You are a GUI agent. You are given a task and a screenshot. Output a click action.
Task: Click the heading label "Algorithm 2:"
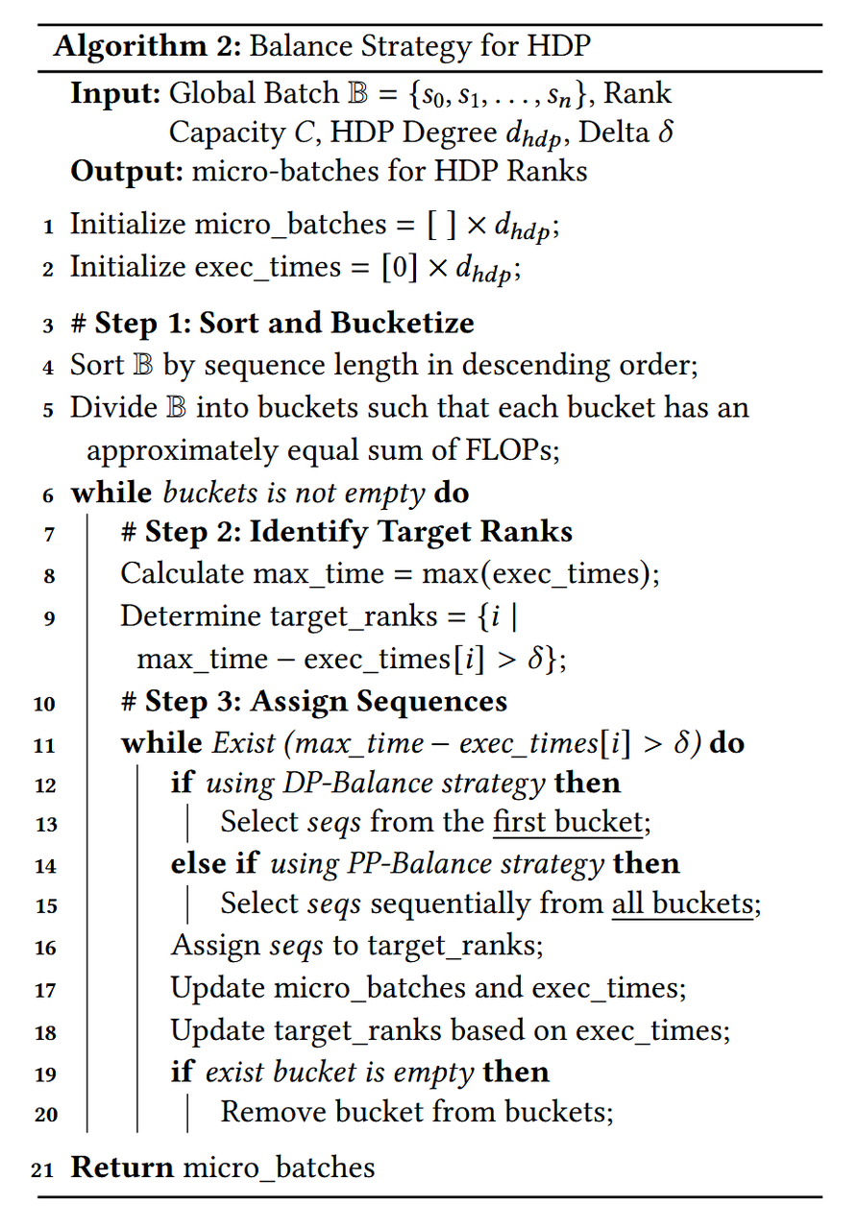(140, 47)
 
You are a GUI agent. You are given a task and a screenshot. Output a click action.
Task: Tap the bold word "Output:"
(126, 172)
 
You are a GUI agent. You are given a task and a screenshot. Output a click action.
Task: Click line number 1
(48, 228)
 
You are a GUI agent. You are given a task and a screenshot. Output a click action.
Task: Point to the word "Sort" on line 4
(97, 365)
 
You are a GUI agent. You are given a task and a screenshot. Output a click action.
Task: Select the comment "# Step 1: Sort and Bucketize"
(272, 323)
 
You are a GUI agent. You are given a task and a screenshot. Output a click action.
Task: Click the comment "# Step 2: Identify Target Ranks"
(347, 531)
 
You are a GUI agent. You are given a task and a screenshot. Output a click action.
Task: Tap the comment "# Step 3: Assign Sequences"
(314, 701)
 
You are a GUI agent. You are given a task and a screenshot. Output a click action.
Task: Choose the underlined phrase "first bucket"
(568, 822)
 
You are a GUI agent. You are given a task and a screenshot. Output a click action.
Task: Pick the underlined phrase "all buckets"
(682, 904)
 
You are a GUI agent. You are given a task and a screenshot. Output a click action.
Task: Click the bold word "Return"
(122, 1167)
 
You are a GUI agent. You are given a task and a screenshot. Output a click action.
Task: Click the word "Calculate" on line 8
(182, 573)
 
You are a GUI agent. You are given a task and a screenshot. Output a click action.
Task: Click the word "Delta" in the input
(615, 132)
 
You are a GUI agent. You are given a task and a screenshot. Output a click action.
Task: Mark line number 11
(44, 746)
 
